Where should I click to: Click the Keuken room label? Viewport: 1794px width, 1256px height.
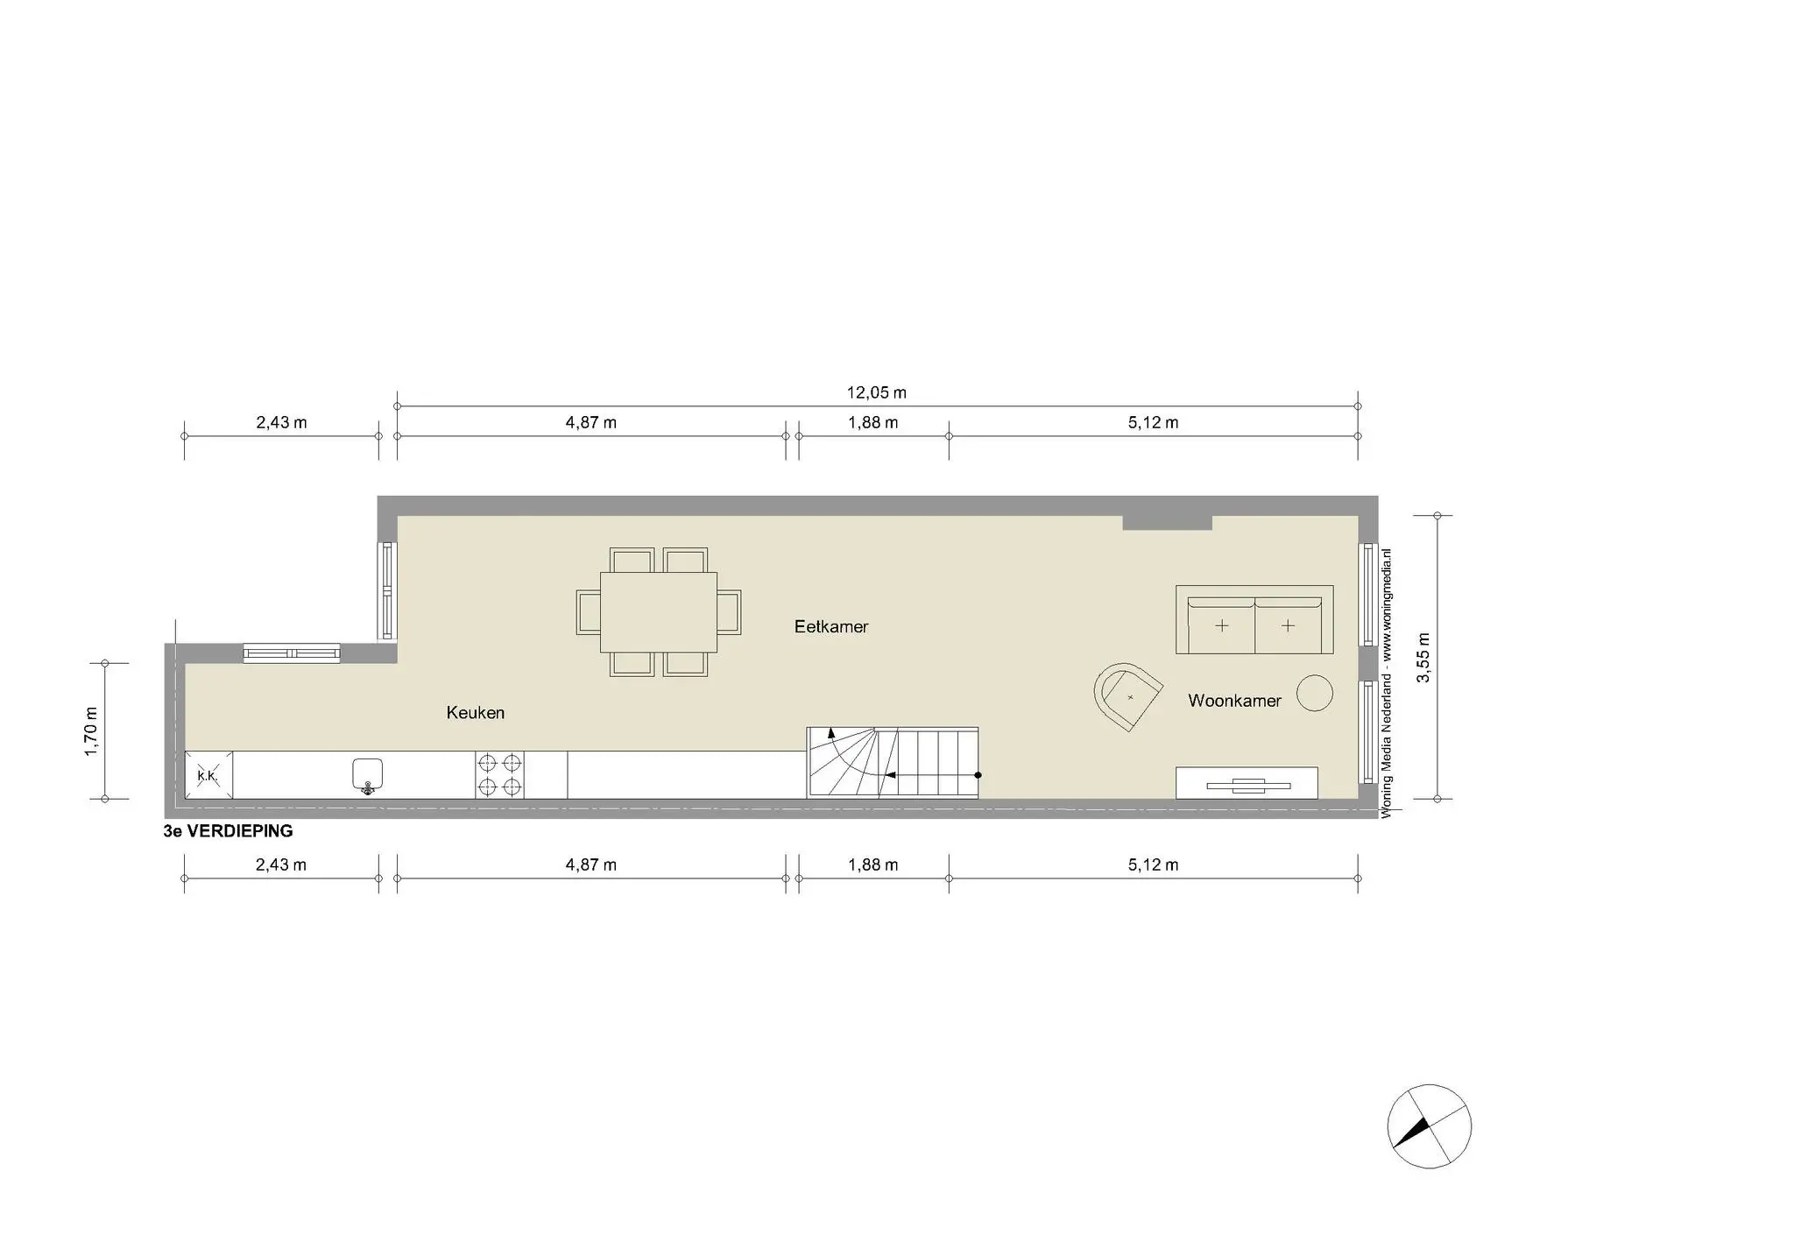pos(475,713)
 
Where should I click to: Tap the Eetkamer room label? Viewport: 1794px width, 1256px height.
pos(830,626)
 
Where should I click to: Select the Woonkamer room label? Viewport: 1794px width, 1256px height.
pos(1234,701)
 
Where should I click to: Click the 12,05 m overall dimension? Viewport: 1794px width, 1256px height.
pos(876,393)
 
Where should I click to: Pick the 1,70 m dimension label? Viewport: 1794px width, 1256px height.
pos(92,730)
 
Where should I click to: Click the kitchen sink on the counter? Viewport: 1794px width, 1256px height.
pos(368,775)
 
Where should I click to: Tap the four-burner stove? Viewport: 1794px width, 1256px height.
pos(500,775)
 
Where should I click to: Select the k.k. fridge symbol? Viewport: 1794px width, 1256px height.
pos(208,775)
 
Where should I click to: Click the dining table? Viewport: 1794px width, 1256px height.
pos(659,612)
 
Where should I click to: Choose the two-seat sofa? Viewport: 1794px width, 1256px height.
pos(1254,620)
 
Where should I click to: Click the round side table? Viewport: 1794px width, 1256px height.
pos(1314,693)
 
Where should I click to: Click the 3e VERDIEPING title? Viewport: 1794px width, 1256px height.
pos(228,831)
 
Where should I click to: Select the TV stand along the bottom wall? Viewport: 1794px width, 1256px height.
pos(1247,783)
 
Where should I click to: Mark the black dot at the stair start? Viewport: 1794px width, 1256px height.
pos(978,775)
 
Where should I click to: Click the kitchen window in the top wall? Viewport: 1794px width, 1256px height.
pos(291,653)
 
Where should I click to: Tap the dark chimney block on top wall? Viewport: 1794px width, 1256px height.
pos(1167,523)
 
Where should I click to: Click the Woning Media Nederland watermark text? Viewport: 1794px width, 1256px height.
pos(1386,683)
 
